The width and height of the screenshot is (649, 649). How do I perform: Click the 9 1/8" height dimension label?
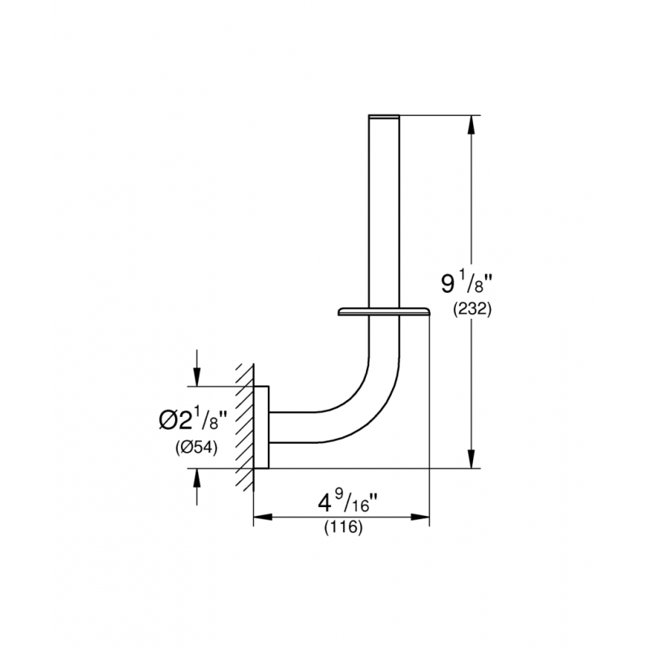(467, 283)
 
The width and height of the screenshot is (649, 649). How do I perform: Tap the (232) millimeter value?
(472, 309)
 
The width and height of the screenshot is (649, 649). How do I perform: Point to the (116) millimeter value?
(343, 527)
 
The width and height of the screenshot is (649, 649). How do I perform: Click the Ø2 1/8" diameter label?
(193, 419)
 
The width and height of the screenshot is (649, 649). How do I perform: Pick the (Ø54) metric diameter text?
(196, 448)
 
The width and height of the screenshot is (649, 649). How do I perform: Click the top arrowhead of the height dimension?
(471, 124)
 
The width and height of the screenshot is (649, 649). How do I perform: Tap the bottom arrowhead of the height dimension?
(471, 459)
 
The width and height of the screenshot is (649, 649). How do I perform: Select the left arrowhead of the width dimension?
(263, 517)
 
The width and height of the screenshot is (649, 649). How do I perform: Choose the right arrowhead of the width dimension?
(420, 517)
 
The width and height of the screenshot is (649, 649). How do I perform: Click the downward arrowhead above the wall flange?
(197, 376)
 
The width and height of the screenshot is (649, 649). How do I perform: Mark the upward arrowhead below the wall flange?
(197, 478)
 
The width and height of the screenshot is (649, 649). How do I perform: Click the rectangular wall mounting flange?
(261, 428)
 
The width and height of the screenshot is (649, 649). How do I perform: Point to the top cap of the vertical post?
(384, 116)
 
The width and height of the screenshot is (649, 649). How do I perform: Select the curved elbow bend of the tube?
(364, 398)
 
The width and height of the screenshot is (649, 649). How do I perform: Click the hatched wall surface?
(245, 428)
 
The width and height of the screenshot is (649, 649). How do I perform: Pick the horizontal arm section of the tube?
(294, 428)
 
